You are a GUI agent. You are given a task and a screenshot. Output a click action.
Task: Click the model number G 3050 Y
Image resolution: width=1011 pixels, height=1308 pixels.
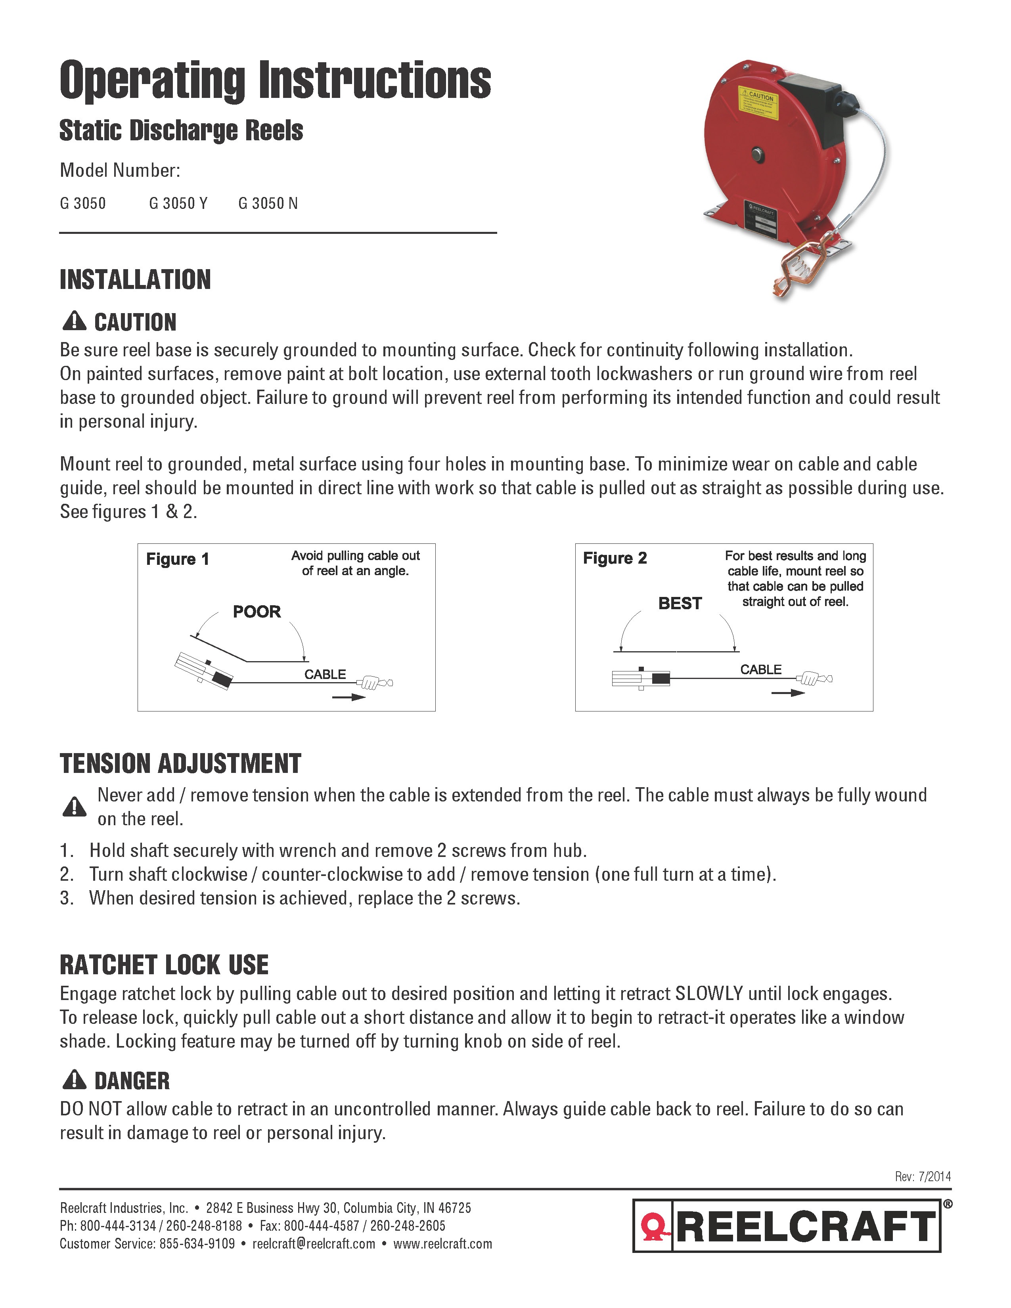point(178,204)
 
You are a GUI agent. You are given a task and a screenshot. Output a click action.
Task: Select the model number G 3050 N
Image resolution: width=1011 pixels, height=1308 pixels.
point(268,204)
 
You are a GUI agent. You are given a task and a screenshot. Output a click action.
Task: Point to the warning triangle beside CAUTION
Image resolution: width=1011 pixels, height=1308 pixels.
point(74,321)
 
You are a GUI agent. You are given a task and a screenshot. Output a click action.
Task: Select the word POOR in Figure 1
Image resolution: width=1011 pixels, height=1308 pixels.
point(257,612)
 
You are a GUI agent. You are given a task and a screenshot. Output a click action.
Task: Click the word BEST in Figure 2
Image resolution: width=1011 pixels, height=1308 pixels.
point(680,603)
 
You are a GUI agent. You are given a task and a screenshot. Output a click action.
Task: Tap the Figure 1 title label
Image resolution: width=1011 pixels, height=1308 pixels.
point(177,559)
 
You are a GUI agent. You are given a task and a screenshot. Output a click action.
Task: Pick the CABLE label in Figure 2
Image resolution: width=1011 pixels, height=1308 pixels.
point(761,669)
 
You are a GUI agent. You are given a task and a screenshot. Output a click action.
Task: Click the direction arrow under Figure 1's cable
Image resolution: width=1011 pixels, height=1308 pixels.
point(350,697)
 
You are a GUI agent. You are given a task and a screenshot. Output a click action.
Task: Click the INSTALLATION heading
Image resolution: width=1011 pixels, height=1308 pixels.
point(135,280)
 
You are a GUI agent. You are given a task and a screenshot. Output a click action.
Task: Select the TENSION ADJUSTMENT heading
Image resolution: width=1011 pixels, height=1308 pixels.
point(180,764)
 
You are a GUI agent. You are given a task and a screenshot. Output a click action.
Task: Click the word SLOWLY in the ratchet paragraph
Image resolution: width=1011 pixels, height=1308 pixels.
point(709,994)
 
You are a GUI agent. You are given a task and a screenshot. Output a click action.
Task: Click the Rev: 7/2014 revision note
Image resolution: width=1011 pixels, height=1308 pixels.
point(922,1176)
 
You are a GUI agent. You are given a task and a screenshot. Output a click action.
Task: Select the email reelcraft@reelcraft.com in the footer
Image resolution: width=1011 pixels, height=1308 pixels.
point(314,1244)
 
